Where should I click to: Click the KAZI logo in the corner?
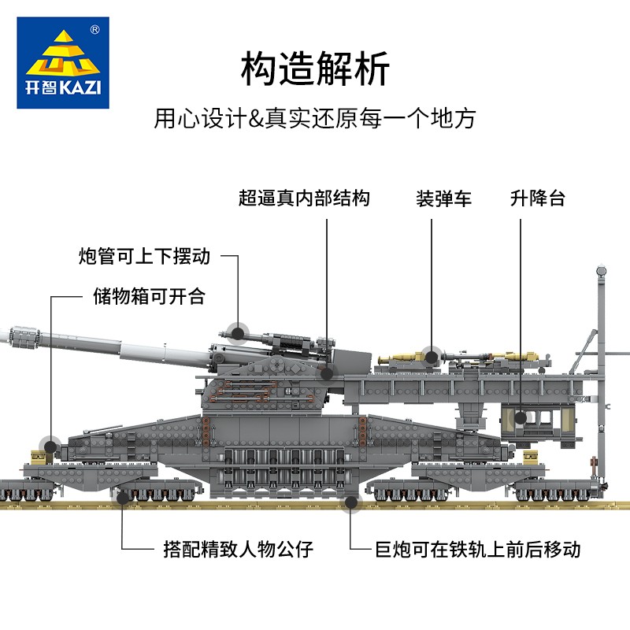tap(62, 62)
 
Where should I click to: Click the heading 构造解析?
tap(315, 69)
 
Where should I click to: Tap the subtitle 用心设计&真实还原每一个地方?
tap(315, 119)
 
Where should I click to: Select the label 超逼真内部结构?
tap(304, 198)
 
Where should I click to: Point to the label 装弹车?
tap(443, 198)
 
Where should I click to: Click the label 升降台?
tap(538, 198)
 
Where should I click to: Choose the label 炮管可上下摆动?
tap(145, 256)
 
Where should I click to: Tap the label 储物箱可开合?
tap(149, 296)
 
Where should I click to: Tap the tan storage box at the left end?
tap(37, 455)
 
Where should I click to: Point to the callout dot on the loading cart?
tap(430, 356)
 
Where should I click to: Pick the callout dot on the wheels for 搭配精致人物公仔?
tap(123, 496)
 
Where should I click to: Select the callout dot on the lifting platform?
tap(519, 417)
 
